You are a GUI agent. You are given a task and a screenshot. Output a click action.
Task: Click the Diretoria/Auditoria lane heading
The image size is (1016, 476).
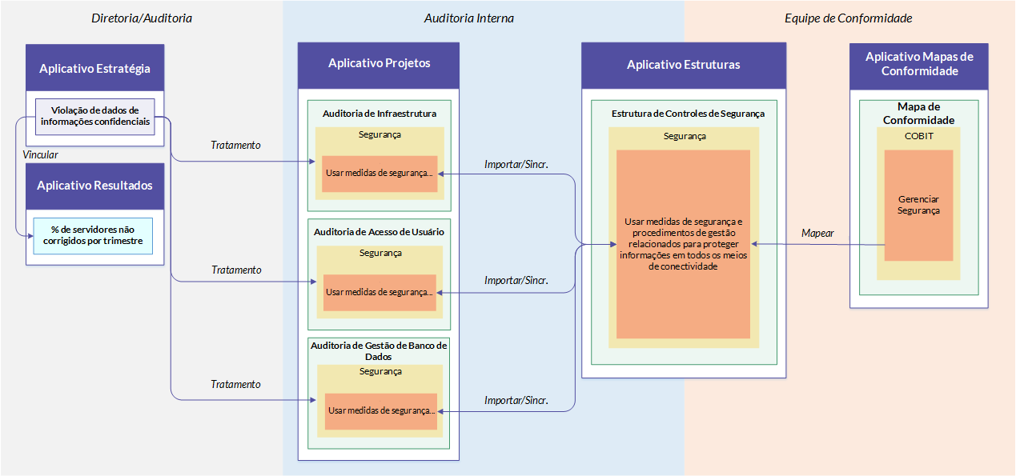pyautogui.click(x=142, y=18)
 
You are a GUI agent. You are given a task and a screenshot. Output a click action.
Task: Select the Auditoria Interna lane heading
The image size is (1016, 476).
pyautogui.click(x=469, y=18)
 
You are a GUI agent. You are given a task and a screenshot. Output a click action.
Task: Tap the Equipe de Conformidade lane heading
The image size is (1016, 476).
pyautogui.click(x=848, y=18)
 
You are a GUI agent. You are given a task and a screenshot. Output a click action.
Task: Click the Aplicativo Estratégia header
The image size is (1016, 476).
pyautogui.click(x=94, y=68)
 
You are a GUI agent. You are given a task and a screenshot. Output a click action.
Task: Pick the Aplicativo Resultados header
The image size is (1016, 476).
pyautogui.click(x=94, y=186)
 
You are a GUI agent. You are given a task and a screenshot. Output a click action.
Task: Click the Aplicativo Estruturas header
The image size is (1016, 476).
pyautogui.click(x=684, y=66)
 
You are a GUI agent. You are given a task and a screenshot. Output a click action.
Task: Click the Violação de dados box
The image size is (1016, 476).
pyautogui.click(x=95, y=117)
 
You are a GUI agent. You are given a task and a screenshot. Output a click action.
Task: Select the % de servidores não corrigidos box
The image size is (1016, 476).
pyautogui.click(x=93, y=236)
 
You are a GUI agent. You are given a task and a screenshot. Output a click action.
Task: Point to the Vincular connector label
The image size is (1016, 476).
pyautogui.click(x=40, y=154)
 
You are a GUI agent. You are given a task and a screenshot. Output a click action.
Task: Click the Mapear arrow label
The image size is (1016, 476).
pyautogui.click(x=817, y=233)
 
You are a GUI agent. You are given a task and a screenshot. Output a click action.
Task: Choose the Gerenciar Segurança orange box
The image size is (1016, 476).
pyautogui.click(x=918, y=206)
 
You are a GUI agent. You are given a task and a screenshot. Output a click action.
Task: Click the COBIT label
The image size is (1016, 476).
pyautogui.click(x=919, y=136)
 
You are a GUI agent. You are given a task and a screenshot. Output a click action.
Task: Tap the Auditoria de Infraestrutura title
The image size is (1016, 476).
pyautogui.click(x=379, y=114)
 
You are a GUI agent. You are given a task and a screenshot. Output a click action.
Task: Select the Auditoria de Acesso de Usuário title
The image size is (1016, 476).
pyautogui.click(x=379, y=232)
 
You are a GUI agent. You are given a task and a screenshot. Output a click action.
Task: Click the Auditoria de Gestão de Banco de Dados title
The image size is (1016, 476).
pyautogui.click(x=379, y=351)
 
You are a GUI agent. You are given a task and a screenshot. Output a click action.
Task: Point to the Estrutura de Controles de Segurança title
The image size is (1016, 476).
pyautogui.click(x=688, y=114)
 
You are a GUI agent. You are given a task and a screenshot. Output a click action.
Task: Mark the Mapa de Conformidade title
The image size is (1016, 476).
pyautogui.click(x=919, y=114)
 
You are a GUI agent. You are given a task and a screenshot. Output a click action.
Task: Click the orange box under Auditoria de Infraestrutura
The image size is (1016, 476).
pyautogui.click(x=379, y=174)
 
